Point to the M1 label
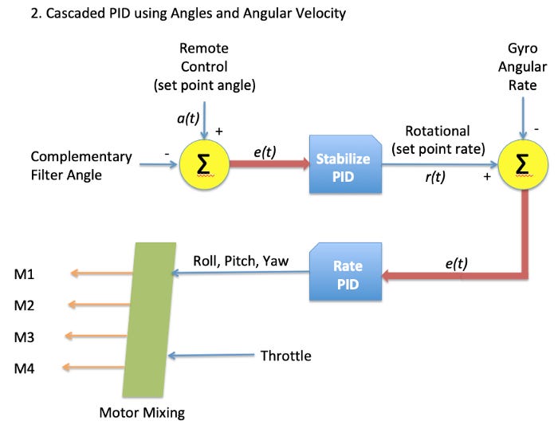[24, 274]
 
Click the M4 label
[24, 368]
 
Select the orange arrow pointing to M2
[94, 305]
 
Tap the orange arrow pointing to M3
[94, 336]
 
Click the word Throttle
[285, 356]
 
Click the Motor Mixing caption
[141, 412]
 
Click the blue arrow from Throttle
[211, 356]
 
